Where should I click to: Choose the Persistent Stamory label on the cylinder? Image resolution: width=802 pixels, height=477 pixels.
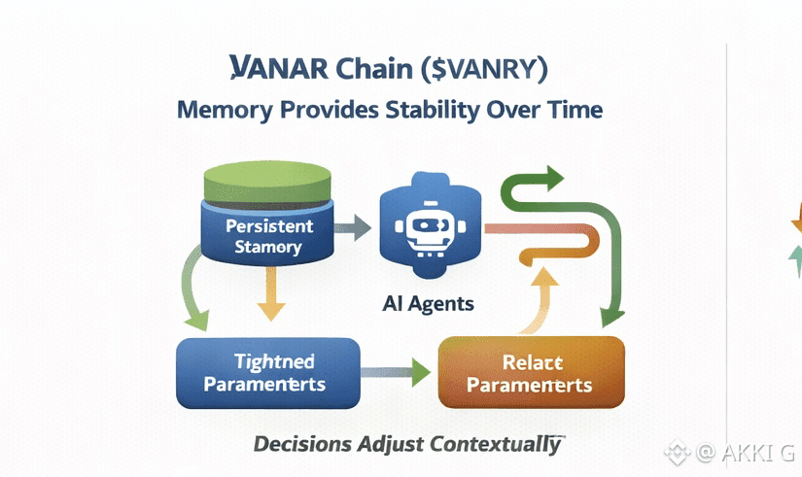[268, 236]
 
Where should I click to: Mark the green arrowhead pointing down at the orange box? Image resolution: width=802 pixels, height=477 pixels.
[610, 315]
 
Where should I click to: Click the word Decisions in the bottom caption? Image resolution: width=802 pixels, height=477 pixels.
[301, 445]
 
